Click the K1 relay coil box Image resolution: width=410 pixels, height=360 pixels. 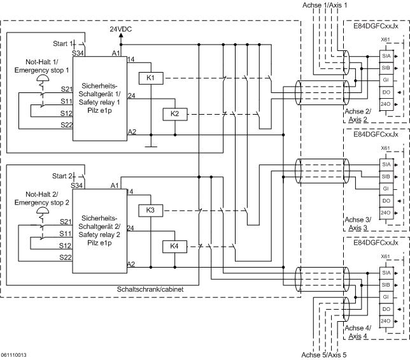pyautogui.click(x=151, y=78)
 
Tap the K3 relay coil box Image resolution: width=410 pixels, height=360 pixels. pyautogui.click(x=151, y=210)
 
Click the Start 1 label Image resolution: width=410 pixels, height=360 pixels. pyautogui.click(x=63, y=43)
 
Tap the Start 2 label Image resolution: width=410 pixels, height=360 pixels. pyautogui.click(x=63, y=175)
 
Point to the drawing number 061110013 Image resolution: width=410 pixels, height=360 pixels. pyautogui.click(x=14, y=354)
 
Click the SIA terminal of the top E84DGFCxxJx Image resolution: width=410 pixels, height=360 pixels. pyautogui.click(x=386, y=56)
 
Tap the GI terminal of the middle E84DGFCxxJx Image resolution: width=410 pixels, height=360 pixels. pyautogui.click(x=386, y=189)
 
